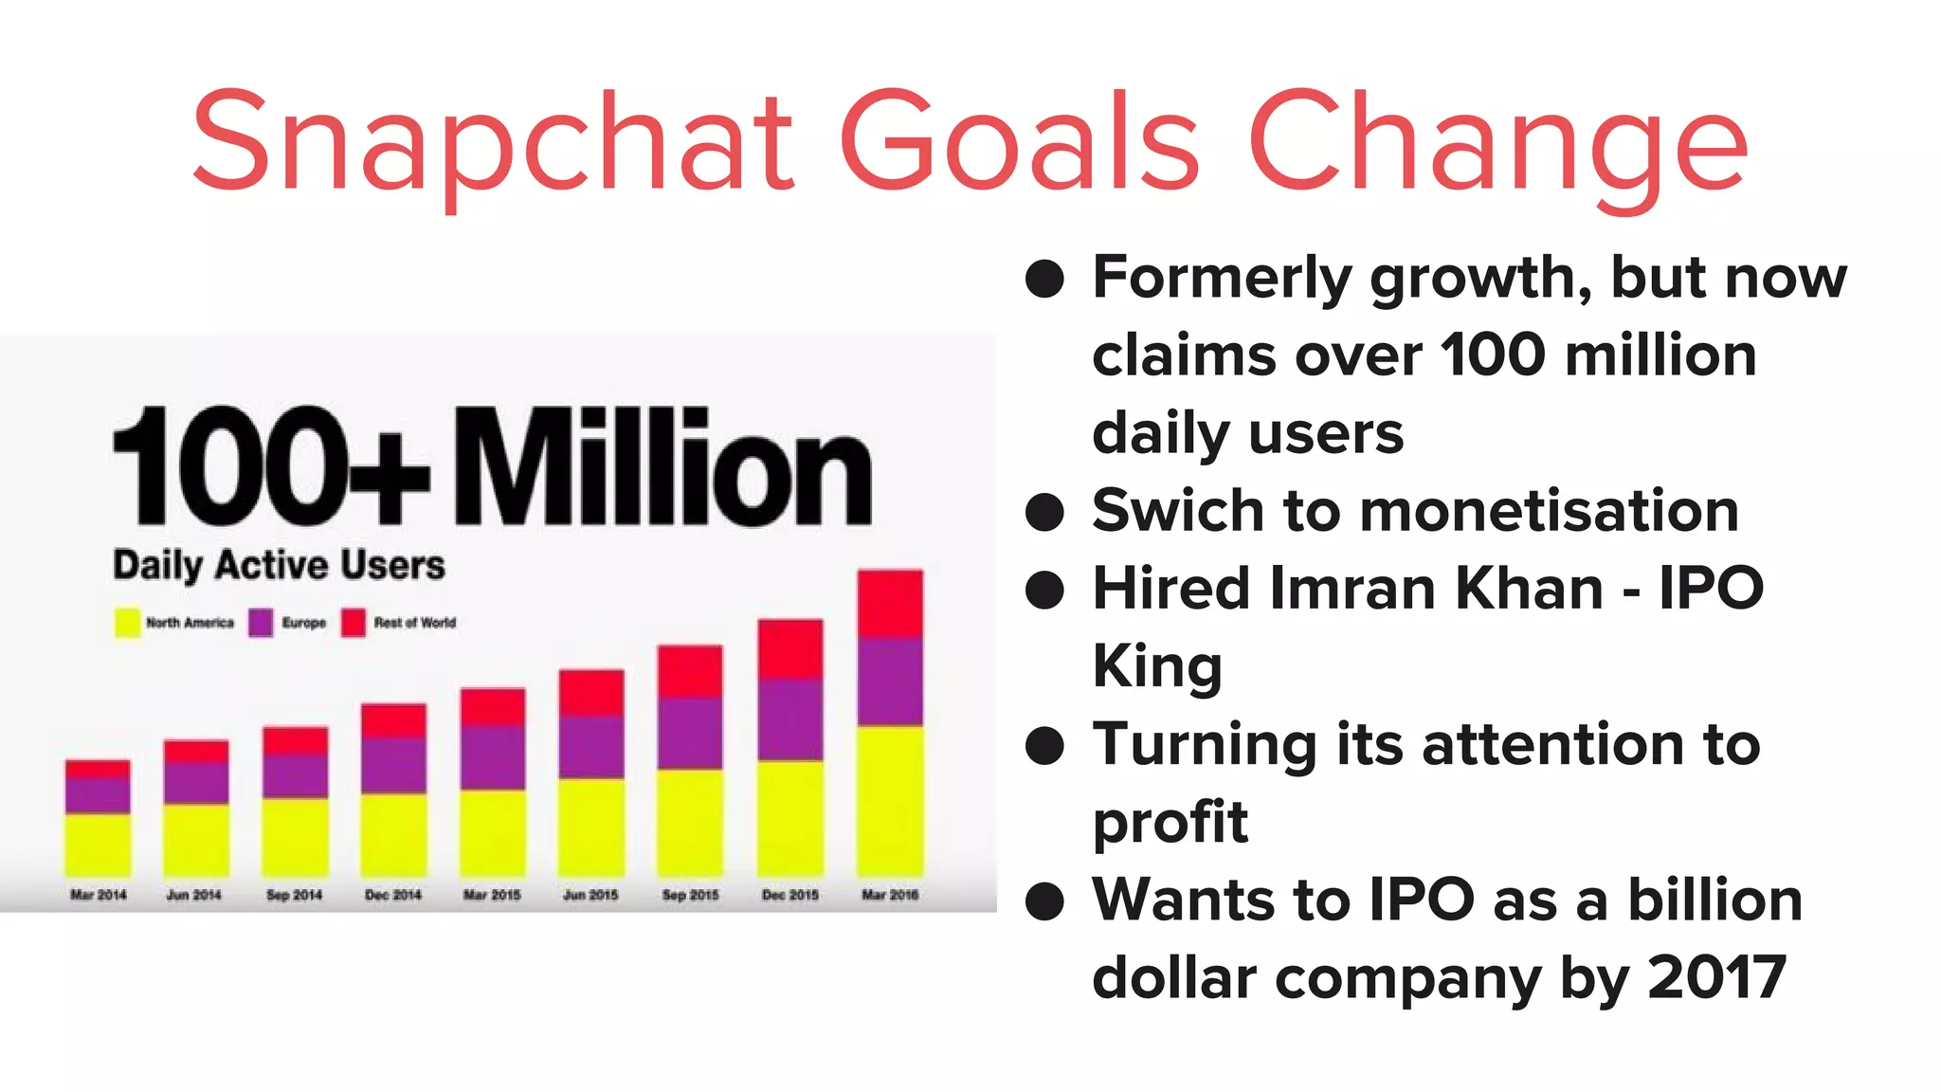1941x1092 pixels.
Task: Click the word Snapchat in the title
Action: tap(493, 142)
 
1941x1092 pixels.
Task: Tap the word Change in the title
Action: tap(1497, 142)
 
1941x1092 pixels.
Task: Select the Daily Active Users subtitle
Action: tap(279, 565)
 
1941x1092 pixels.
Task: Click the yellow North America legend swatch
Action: tap(127, 623)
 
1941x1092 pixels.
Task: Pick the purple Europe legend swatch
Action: tap(261, 623)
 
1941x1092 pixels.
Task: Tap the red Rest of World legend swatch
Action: tap(354, 623)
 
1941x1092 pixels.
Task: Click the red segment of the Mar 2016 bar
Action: tap(890, 604)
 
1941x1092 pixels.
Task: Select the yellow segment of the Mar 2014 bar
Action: tap(98, 844)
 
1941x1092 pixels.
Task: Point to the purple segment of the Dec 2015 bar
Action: tap(790, 719)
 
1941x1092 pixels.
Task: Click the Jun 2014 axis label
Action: tap(194, 895)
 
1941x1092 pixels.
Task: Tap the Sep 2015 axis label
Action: tap(690, 895)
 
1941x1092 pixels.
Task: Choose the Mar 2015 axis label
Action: tap(492, 895)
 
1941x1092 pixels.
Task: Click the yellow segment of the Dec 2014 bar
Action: tap(393, 834)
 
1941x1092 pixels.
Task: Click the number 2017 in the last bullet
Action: tap(1716, 977)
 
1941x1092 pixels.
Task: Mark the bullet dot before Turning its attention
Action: tap(1044, 745)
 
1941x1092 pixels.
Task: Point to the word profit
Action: tap(1170, 822)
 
